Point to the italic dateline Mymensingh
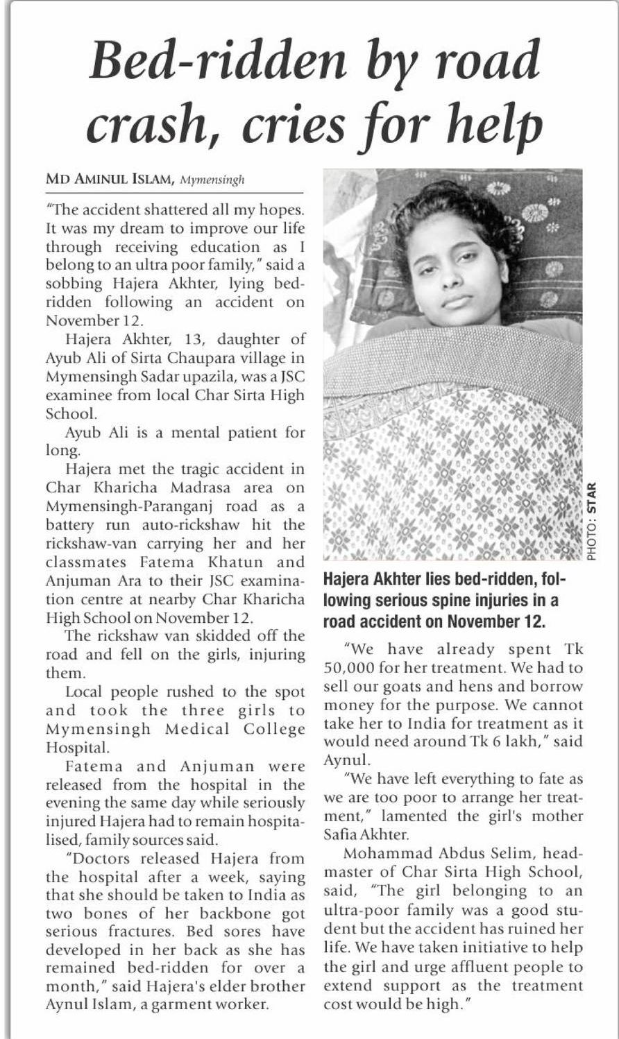coord(212,180)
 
